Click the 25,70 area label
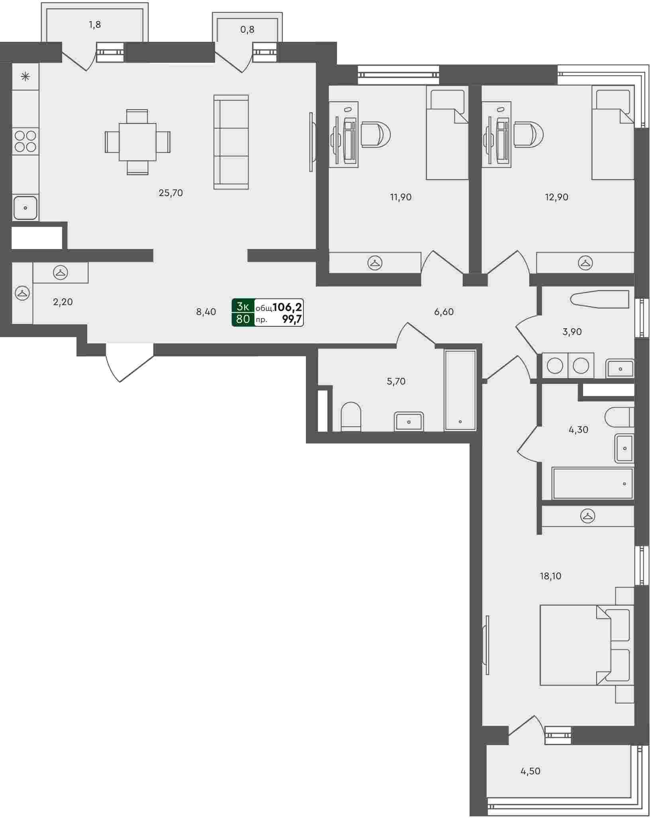click(x=170, y=193)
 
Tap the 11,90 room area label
click(x=401, y=197)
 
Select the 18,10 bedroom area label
click(x=550, y=576)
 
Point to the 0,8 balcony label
click(x=247, y=29)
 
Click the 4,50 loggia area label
click(x=531, y=771)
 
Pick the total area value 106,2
click(x=287, y=307)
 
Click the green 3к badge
click(x=243, y=306)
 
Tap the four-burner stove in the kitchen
click(x=25, y=141)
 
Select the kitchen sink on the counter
click(x=25, y=208)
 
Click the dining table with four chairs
click(x=137, y=142)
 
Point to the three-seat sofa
click(x=231, y=142)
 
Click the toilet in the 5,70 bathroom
click(x=351, y=416)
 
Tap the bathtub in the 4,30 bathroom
click(x=593, y=483)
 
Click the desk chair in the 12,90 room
click(x=529, y=134)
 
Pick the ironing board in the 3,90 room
click(x=599, y=298)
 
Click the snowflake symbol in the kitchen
click(x=25, y=77)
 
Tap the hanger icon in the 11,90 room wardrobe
click(x=375, y=263)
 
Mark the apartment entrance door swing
click(x=129, y=363)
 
